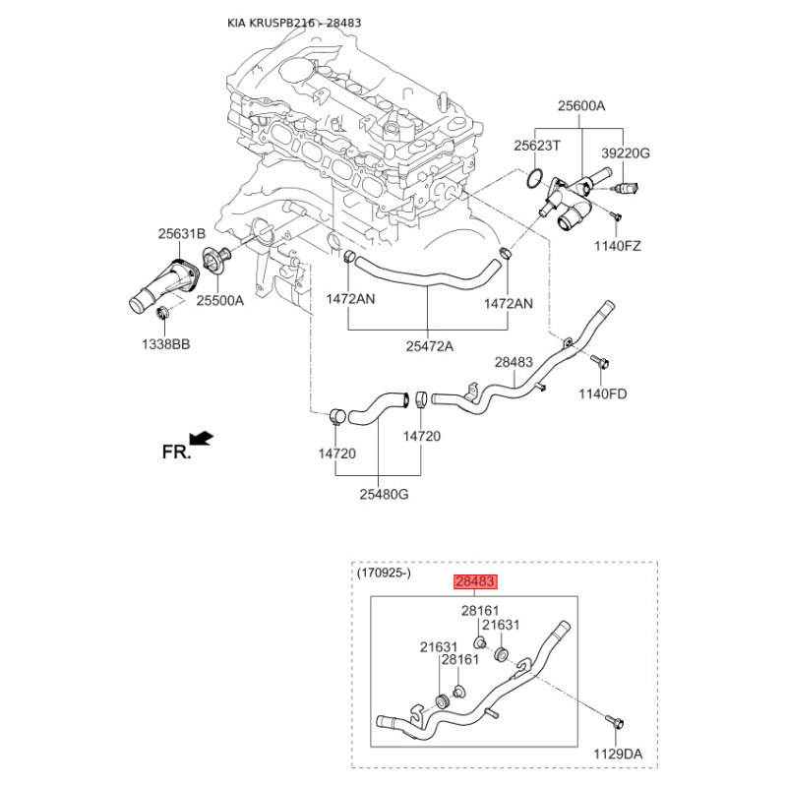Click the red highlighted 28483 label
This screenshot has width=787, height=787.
[475, 581]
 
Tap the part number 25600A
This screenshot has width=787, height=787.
[581, 106]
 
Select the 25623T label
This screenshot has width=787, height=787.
[536, 146]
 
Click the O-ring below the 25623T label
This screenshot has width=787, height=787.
[535, 179]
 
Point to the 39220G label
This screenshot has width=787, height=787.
[626, 153]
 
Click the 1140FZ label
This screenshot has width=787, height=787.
[618, 246]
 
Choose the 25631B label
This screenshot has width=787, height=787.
[182, 233]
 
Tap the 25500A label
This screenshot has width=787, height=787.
[219, 300]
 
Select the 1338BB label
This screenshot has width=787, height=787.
[165, 344]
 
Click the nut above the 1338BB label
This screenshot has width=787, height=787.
[162, 313]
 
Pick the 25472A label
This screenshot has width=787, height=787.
[429, 346]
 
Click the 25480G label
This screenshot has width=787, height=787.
[384, 495]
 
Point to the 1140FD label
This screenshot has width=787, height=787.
[602, 394]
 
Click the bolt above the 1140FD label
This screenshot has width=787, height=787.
[600, 361]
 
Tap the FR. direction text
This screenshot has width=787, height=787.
[177, 453]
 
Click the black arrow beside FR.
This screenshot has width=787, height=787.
[202, 438]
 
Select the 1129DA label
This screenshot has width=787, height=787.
[618, 754]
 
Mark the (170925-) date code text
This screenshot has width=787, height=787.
[384, 573]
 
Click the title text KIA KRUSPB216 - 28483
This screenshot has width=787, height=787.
[294, 23]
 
